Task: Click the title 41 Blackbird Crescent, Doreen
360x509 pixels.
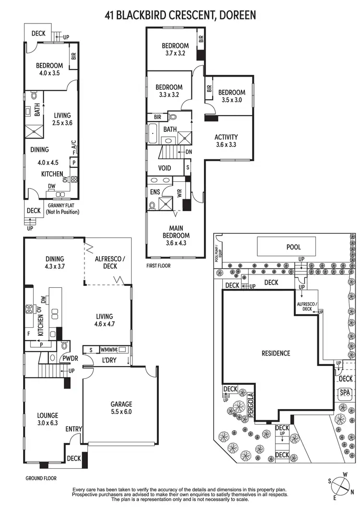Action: (180, 15)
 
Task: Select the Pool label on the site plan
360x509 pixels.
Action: (293, 247)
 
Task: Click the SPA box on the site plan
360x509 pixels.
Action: (344, 393)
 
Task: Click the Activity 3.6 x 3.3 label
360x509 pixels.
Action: (226, 141)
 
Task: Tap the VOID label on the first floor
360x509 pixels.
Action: (165, 168)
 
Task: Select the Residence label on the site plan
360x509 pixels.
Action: (276, 354)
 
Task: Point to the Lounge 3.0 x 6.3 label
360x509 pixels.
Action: (48, 419)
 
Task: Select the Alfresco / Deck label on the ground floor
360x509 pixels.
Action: (111, 262)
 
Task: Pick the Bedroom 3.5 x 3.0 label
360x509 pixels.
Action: (231, 96)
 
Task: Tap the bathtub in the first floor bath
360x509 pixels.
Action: (153, 131)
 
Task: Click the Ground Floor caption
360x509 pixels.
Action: (41, 478)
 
